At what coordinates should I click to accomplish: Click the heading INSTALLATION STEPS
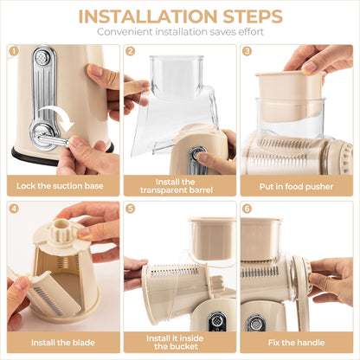180,16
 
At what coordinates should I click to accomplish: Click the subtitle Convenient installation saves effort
180,33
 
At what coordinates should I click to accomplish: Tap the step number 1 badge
13,51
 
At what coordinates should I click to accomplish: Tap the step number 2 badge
130,51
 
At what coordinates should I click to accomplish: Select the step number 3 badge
247,51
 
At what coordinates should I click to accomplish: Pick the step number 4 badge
13,209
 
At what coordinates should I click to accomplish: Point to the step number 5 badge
130,209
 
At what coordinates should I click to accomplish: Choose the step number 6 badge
247,209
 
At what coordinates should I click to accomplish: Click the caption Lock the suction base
62,185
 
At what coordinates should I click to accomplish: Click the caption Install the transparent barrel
179,185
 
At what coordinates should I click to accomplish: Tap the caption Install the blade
62,343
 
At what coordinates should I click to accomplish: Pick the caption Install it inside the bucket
179,343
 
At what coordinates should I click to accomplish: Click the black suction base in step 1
35,159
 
